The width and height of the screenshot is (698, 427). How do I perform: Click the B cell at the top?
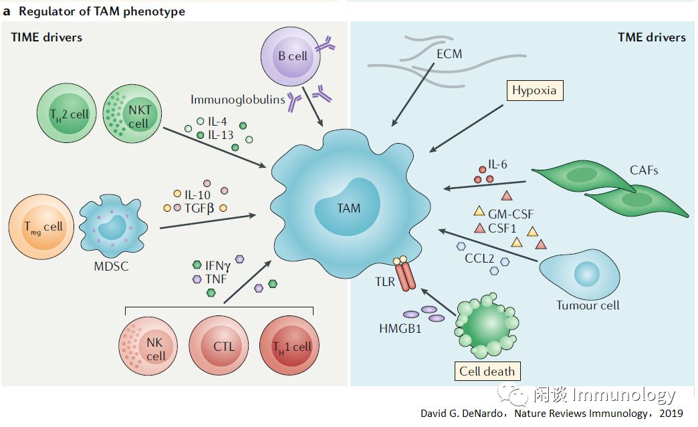292,56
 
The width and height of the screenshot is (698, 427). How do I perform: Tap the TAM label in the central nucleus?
348,208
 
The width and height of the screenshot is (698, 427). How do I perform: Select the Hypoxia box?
534,90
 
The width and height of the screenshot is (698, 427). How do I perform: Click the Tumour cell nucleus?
587,273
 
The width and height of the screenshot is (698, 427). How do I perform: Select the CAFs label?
643,170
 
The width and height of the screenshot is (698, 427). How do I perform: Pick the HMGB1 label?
400,329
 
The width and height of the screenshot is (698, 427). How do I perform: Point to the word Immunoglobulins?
237,100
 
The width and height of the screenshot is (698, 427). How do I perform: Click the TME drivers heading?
651,37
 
